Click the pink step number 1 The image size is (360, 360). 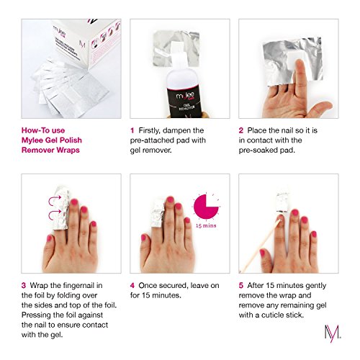point(132,130)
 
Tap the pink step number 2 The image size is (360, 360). point(241,130)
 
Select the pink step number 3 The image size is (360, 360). point(24,286)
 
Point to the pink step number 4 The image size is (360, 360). point(132,286)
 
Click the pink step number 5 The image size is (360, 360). point(241,286)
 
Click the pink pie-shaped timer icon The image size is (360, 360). point(205,207)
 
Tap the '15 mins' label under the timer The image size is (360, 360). point(206,225)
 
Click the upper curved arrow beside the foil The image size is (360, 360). point(55,200)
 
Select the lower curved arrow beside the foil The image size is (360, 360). point(55,215)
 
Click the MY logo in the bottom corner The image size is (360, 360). point(333,333)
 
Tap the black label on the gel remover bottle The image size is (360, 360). point(184,102)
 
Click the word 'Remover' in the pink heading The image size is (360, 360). point(36,150)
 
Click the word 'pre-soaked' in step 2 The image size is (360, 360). point(258,150)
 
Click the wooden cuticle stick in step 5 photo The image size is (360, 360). point(261,246)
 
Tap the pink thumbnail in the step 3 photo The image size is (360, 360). point(50,238)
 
